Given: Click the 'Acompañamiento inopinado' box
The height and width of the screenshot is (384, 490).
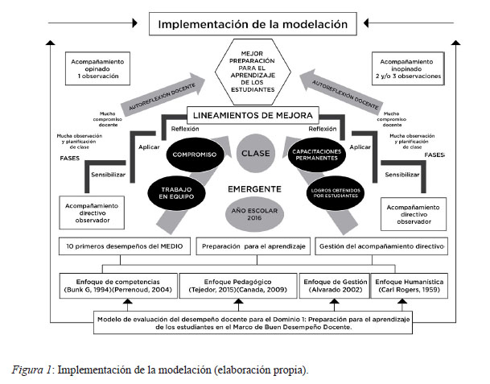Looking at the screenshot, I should (406, 69).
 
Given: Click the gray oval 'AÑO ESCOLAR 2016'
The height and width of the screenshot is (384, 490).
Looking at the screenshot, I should (247, 213).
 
